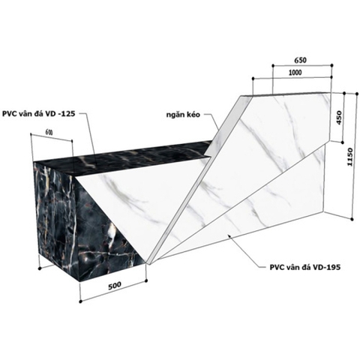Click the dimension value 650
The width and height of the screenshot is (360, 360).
point(301,60)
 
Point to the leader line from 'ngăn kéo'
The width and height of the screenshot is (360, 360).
point(214,124)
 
